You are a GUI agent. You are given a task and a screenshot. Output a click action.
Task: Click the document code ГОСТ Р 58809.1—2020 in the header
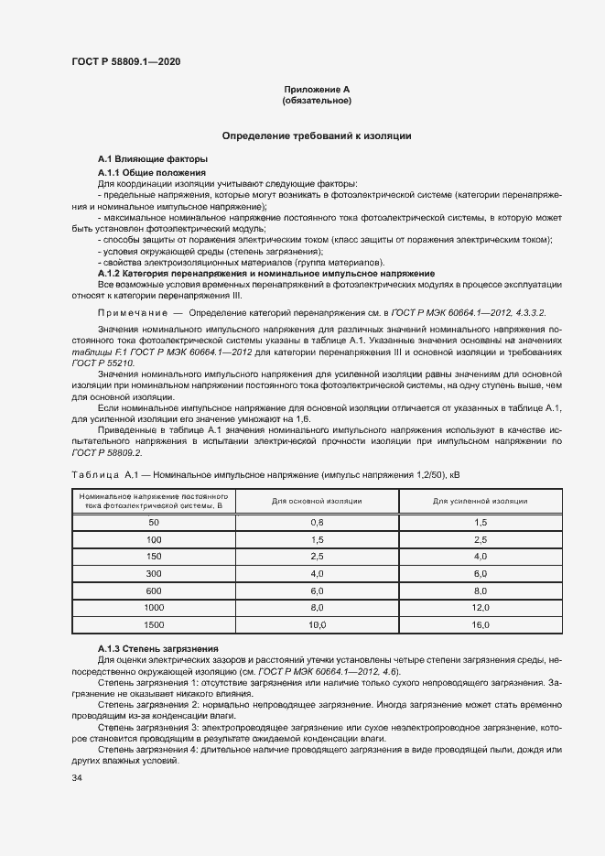125,61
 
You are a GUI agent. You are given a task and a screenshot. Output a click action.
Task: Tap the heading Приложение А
317,89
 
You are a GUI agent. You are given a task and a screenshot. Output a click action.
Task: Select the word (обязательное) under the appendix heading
317,100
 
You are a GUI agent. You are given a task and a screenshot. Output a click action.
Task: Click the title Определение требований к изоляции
317,135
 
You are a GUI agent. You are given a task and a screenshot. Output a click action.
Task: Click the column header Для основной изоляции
318,501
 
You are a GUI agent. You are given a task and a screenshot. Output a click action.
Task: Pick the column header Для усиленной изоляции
480,501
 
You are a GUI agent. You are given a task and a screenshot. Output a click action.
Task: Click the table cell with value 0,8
318,522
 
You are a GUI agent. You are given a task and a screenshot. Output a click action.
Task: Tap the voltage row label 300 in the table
153,573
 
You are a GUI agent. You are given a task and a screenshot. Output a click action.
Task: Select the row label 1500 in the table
153,624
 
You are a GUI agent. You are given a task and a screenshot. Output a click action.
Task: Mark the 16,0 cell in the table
480,624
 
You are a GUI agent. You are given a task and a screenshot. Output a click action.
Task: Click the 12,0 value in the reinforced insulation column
480,607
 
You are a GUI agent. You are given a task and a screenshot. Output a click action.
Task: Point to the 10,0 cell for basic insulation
318,624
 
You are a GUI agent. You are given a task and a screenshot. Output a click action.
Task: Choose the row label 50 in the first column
153,522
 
